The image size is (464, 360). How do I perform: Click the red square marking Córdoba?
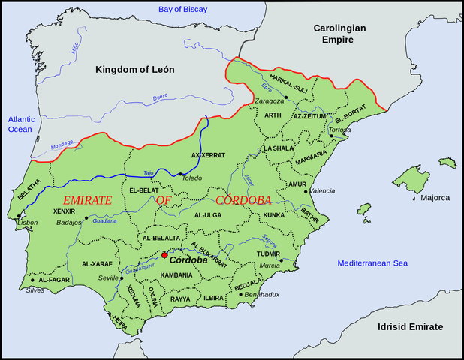[164, 255]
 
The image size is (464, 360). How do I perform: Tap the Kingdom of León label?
[134, 70]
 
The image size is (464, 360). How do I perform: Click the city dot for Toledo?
[180, 175]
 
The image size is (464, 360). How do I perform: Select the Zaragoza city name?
[269, 100]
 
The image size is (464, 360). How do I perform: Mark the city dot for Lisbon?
[18, 217]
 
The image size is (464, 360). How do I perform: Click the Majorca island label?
[435, 198]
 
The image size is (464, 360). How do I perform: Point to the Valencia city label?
[321, 191]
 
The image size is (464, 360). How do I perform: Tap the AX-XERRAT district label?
[209, 155]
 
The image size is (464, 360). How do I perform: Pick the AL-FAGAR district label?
[53, 279]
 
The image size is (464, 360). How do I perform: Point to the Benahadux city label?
[264, 295]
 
